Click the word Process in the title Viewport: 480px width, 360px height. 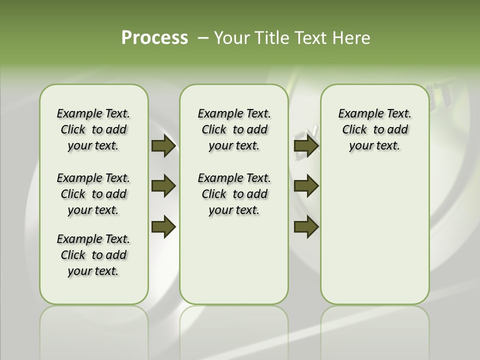pyautogui.click(x=154, y=37)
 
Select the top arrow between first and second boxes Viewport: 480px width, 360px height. pyautogui.click(x=163, y=146)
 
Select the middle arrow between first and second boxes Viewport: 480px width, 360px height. pyautogui.click(x=163, y=186)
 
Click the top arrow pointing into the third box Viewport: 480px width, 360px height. pyautogui.click(x=306, y=146)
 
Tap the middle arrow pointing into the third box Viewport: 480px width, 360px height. pyautogui.click(x=306, y=186)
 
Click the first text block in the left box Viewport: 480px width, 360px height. pyautogui.click(x=93, y=129)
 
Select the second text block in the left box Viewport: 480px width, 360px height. pyautogui.click(x=93, y=194)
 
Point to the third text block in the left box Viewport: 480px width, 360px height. pyautogui.click(x=93, y=255)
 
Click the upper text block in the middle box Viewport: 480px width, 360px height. pyautogui.click(x=234, y=129)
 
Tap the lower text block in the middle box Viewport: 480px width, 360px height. pyautogui.click(x=234, y=194)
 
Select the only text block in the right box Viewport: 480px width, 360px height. pyautogui.click(x=374, y=129)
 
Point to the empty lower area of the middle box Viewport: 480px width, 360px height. pyautogui.click(x=234, y=260)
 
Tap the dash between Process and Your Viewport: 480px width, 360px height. pyautogui.click(x=203, y=38)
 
